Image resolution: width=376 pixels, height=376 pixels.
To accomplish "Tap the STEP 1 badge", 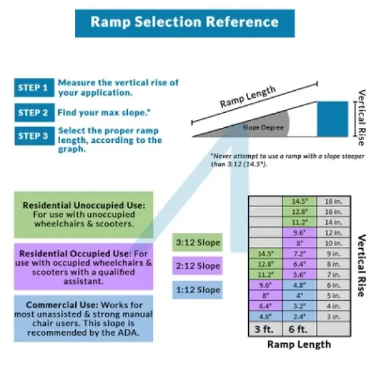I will (33, 88).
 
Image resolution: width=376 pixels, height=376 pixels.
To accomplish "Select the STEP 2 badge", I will (33, 111).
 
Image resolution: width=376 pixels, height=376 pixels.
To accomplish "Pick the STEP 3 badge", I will (33, 135).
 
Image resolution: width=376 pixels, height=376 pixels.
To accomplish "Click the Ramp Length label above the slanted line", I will (247, 98).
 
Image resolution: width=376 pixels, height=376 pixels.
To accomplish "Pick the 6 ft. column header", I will (299, 330).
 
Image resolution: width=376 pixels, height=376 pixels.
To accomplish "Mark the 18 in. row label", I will (332, 202).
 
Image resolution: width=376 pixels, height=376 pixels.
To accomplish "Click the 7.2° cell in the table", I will (299, 253).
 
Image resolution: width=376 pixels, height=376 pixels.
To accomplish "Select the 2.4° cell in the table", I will (299, 317).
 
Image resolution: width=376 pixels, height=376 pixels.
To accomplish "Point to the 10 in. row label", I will (332, 243).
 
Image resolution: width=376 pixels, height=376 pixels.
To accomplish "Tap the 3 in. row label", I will (332, 317).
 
